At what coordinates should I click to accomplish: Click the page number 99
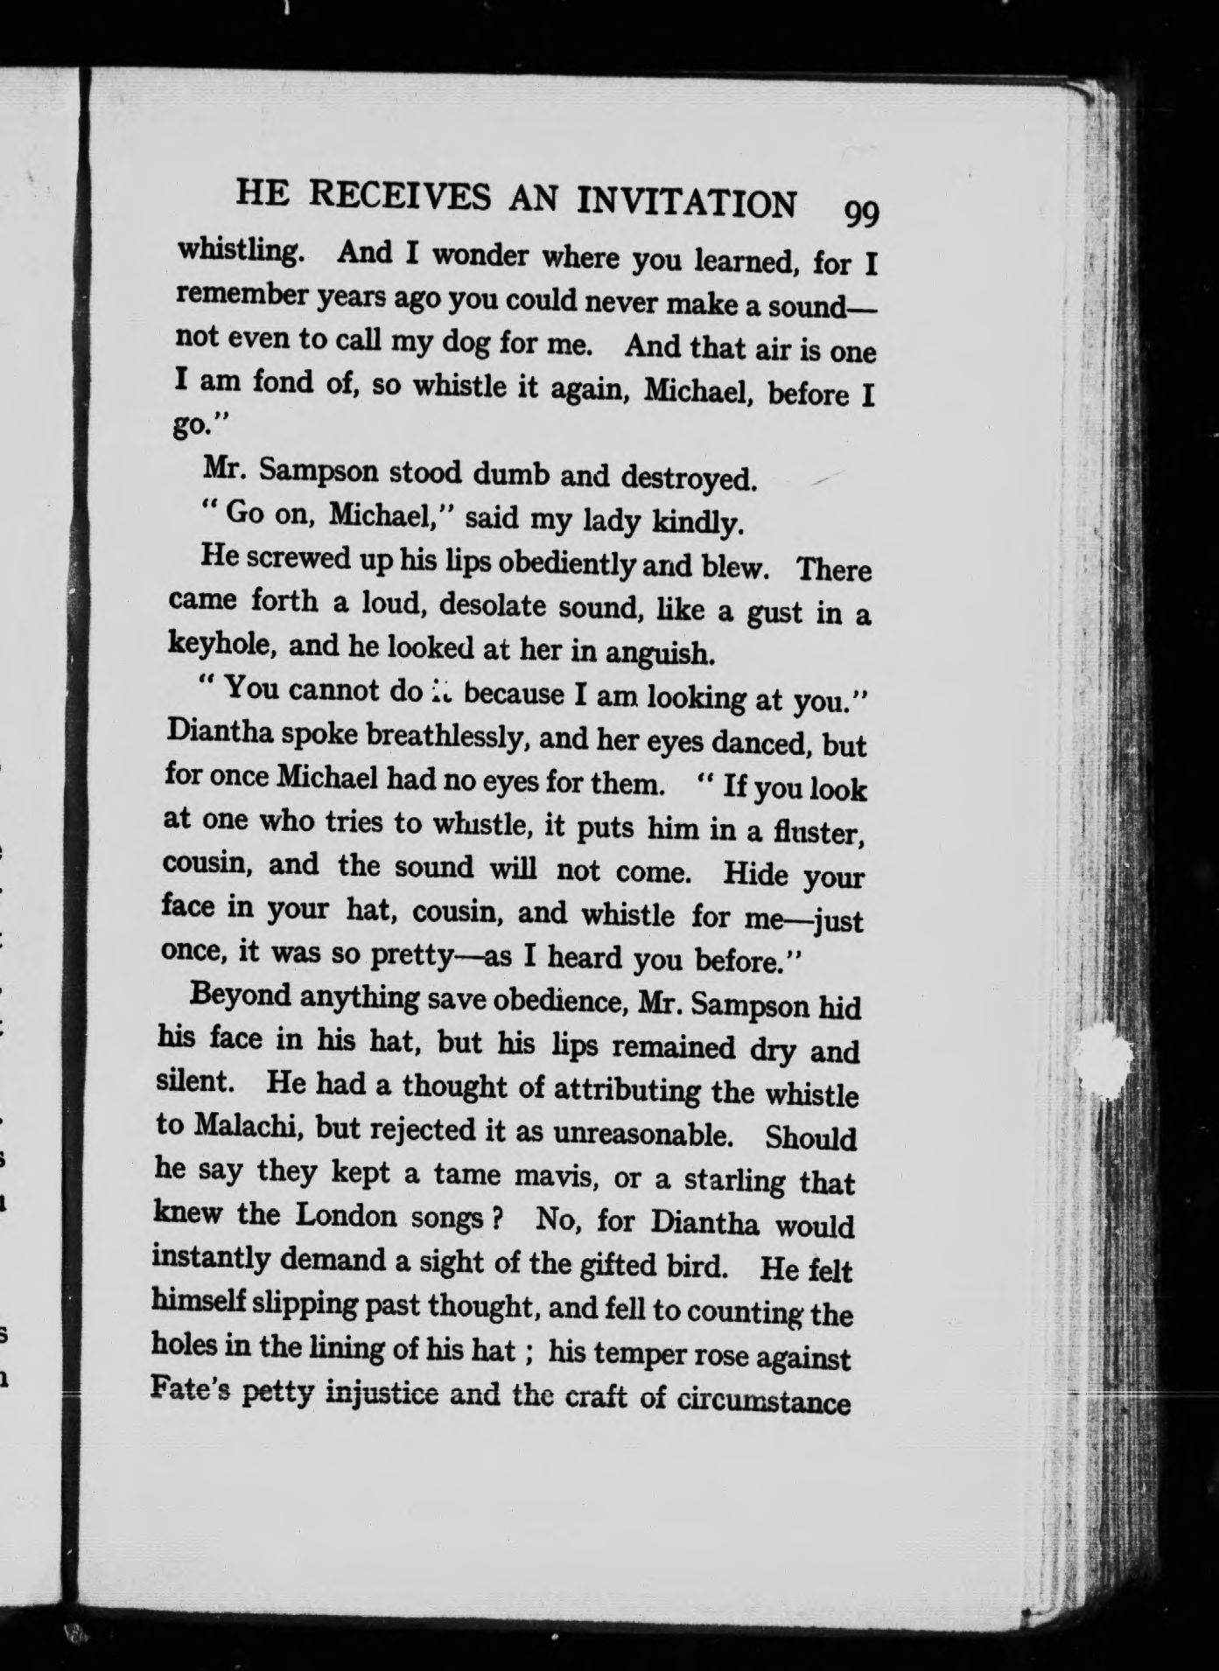pyautogui.click(x=861, y=212)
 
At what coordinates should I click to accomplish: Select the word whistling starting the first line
pyautogui.click(x=241, y=251)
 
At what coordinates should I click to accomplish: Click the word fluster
pyautogui.click(x=819, y=832)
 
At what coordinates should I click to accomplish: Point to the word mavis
pyautogui.click(x=550, y=1175)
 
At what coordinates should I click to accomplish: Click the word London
pyautogui.click(x=347, y=1215)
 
